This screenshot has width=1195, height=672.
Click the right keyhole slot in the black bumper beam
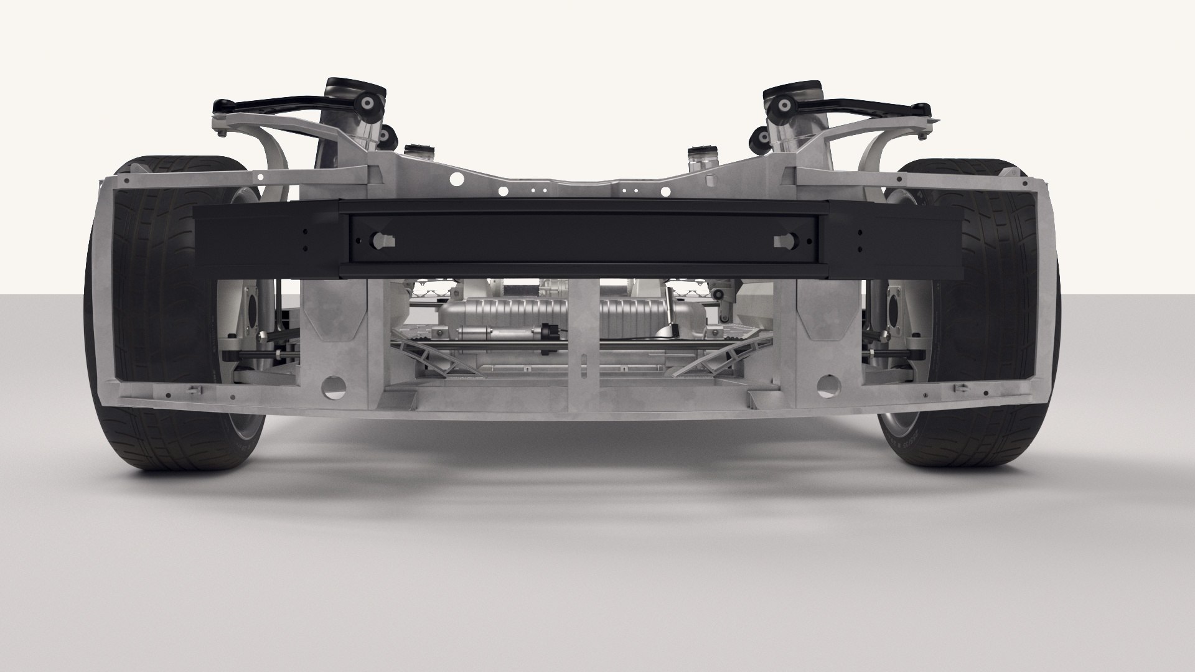782,240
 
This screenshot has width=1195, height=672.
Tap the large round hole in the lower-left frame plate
334,386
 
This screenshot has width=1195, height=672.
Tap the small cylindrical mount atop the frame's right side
699,152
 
